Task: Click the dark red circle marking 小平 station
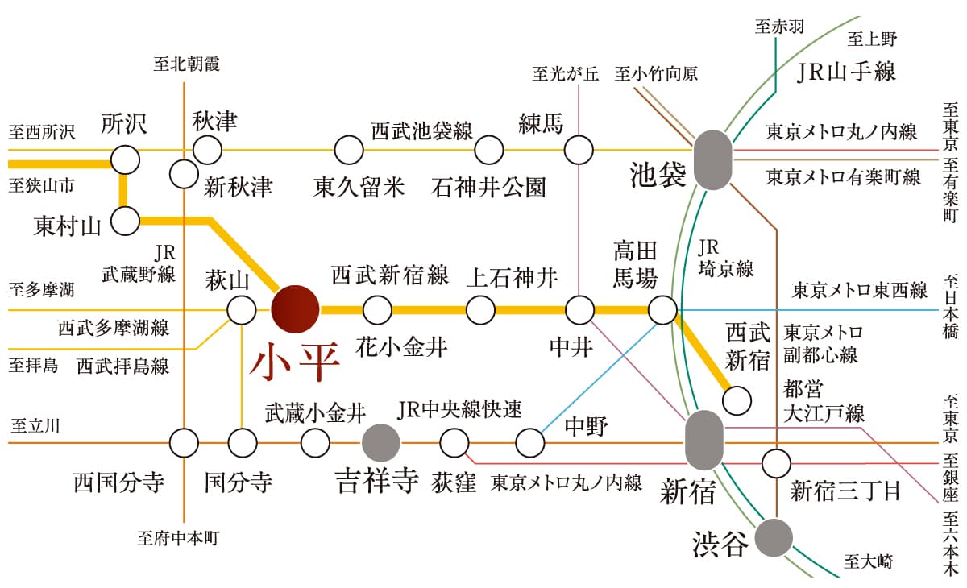click(x=294, y=309)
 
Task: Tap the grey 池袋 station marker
click(x=713, y=159)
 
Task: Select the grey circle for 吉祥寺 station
click(x=380, y=442)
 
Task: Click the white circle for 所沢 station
click(x=125, y=159)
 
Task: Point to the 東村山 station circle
click(x=125, y=220)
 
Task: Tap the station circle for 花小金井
click(x=377, y=309)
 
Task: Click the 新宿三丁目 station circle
click(x=776, y=463)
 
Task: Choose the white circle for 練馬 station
click(x=579, y=149)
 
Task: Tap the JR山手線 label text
click(x=846, y=72)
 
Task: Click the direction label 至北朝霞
click(x=186, y=64)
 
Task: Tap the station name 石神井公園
click(x=489, y=187)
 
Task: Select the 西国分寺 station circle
click(x=184, y=442)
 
